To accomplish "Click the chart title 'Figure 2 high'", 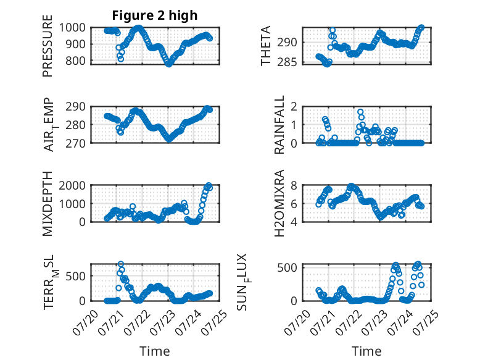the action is (155, 15).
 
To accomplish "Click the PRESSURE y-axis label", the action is (48, 46).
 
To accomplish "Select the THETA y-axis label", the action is (266, 46).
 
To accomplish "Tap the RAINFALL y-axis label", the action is (279, 125).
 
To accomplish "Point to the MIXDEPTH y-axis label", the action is (48, 204).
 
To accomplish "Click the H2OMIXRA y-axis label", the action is (279, 203).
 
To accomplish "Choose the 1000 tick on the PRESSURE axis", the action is (72, 28).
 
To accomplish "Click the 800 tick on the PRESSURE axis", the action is (76, 61).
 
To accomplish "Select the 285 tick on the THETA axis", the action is (287, 62).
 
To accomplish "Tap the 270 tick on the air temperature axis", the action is (76, 143).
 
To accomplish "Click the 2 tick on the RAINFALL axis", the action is (294, 107).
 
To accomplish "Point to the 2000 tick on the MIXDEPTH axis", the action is (72, 186).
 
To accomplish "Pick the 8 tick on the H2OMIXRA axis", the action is (294, 186).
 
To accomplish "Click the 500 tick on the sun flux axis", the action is (287, 267).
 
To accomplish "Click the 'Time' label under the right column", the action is (366, 351).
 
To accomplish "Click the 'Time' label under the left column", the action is (155, 351).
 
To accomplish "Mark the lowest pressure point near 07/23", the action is (169, 64).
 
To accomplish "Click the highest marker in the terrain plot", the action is (121, 264).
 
